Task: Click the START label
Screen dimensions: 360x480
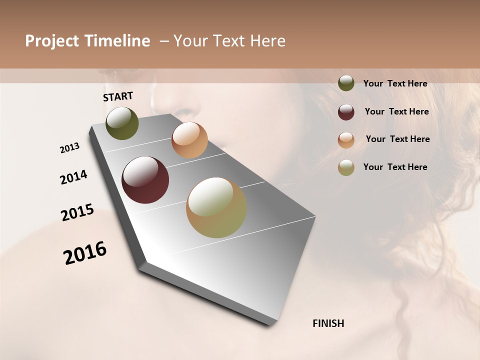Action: click(118, 96)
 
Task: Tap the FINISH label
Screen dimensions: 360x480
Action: click(328, 323)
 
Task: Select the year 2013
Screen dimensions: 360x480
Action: click(69, 148)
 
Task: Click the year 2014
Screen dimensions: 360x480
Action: click(73, 177)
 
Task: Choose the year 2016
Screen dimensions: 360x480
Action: click(85, 253)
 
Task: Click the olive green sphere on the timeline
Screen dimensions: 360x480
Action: click(122, 123)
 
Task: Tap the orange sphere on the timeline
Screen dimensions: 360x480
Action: click(189, 140)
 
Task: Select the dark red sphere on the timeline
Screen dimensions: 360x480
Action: click(145, 180)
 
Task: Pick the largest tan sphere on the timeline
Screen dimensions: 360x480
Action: click(216, 207)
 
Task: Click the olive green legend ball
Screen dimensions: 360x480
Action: click(346, 83)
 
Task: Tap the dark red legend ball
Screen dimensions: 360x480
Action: click(346, 112)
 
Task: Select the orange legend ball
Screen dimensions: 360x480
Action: click(346, 140)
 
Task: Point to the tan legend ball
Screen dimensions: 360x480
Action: click(346, 167)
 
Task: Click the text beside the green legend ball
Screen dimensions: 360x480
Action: click(395, 84)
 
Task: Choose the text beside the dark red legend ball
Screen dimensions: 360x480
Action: click(396, 111)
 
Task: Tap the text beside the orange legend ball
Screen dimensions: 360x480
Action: click(397, 139)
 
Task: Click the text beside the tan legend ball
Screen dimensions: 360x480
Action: click(395, 167)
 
